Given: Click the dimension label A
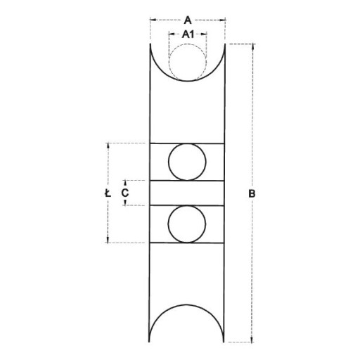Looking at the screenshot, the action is [x=188, y=20].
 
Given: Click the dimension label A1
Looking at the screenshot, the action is [x=188, y=34].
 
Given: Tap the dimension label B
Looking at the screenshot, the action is [x=252, y=194].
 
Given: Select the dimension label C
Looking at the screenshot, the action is [x=125, y=193].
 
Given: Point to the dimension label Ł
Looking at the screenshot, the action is [x=108, y=193].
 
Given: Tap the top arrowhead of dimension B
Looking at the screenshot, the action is [x=252, y=47].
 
